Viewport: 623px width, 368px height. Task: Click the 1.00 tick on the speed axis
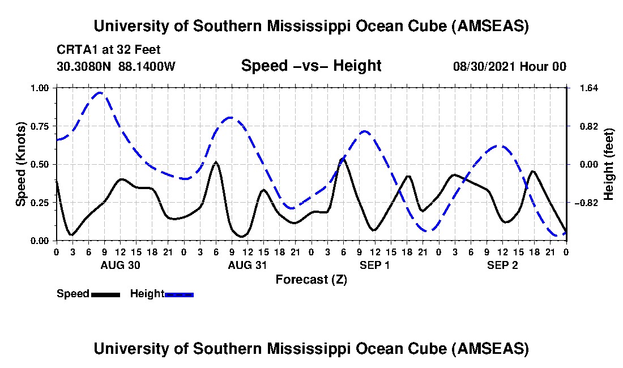tap(42, 88)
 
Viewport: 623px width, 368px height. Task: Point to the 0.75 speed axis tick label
tap(42, 126)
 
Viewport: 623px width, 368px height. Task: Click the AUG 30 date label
tap(120, 265)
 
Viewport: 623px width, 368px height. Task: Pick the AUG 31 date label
tap(248, 265)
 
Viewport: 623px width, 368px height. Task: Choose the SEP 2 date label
tap(503, 265)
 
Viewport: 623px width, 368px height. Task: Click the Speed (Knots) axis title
tap(21, 164)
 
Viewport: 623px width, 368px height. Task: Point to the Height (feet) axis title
tap(609, 164)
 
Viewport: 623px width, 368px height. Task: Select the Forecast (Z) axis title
tap(311, 280)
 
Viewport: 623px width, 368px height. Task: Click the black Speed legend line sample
tap(105, 294)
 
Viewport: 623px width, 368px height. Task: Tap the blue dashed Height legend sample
tap(179, 294)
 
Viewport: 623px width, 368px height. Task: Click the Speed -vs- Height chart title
tap(311, 66)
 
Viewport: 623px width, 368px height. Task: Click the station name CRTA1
tap(75, 50)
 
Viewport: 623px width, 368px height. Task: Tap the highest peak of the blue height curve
tap(100, 92)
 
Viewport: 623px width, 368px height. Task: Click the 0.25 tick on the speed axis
tap(42, 203)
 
